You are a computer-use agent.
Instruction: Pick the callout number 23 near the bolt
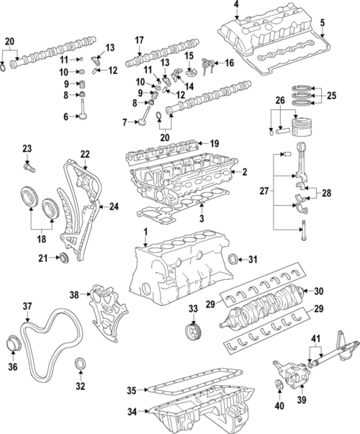(27, 149)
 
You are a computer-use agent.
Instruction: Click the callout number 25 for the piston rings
(330, 95)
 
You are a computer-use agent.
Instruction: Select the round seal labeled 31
(234, 258)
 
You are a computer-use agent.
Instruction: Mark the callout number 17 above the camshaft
(140, 40)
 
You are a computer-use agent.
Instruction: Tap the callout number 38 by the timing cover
(73, 294)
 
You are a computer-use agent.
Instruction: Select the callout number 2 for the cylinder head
(244, 172)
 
